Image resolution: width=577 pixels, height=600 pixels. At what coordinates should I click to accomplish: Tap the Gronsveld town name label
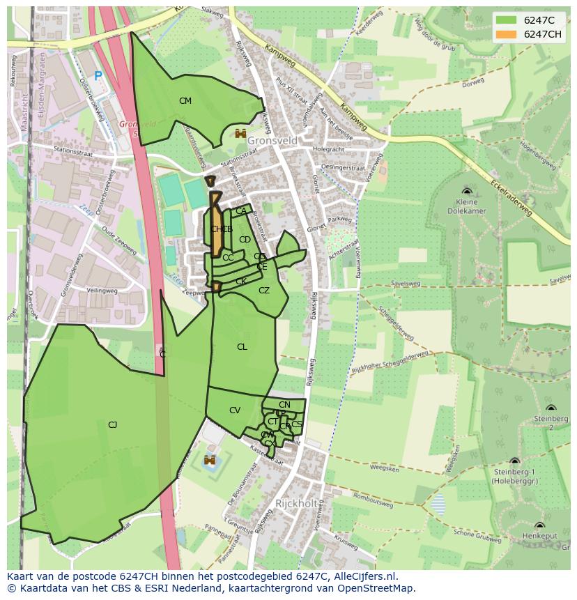coord(272,141)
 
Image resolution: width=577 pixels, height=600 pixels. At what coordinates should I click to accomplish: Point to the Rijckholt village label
coord(297,503)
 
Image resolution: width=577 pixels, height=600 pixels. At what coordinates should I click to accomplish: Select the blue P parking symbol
coord(98,76)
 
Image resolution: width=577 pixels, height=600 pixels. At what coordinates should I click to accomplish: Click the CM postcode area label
coord(185,101)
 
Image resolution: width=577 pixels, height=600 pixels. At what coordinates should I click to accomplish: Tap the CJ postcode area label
coord(112,424)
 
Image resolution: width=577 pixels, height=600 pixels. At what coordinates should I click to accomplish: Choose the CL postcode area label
coord(242,347)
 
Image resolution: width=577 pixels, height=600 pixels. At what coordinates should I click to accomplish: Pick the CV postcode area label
coord(234,410)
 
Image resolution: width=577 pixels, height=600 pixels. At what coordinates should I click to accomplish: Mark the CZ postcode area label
coord(264,291)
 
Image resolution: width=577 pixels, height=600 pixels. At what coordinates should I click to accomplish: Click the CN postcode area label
coord(284,405)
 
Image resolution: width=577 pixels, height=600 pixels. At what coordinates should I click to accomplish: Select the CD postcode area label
coord(245,240)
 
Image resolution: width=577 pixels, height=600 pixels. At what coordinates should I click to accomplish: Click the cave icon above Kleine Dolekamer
coord(466,190)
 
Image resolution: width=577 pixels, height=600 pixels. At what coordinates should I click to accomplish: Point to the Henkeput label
coord(539,536)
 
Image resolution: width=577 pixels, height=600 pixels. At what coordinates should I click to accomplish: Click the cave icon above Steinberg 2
coord(551,408)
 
